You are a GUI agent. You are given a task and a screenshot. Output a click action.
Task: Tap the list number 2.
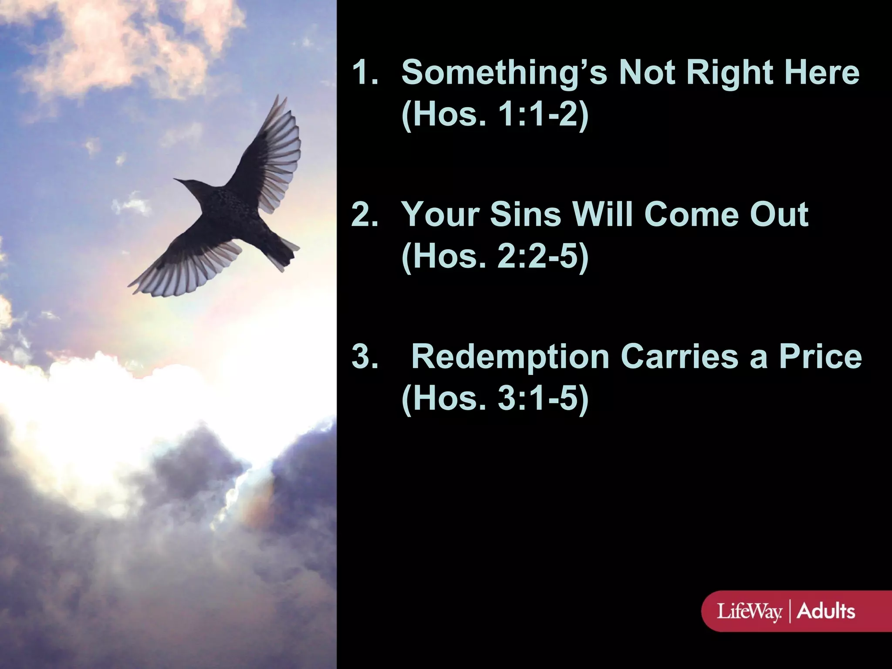pyautogui.click(x=364, y=215)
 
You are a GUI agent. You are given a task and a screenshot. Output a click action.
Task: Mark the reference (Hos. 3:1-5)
pyautogui.click(x=495, y=399)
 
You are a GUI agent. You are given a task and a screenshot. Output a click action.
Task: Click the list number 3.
pyautogui.click(x=364, y=357)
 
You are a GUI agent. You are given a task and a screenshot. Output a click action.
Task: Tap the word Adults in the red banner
pyautogui.click(x=826, y=611)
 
